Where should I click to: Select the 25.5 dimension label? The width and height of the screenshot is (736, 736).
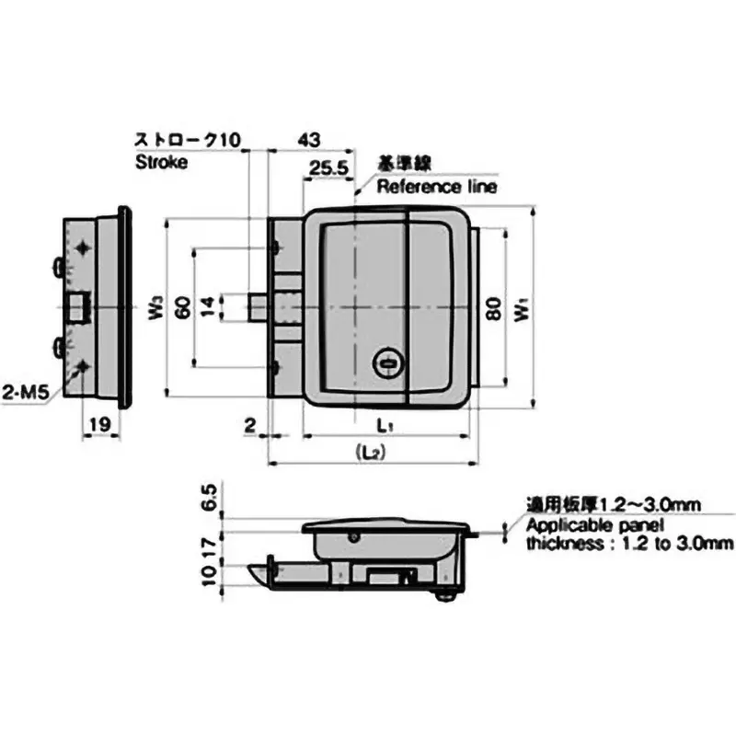coord(328,168)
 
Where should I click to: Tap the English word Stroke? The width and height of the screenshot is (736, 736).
coord(161,162)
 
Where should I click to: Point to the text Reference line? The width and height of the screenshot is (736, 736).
coord(437,187)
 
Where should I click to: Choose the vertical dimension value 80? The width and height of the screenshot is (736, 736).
coord(493,309)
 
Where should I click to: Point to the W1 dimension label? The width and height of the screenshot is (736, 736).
coord(523,309)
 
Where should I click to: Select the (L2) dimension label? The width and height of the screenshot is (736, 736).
coord(372,453)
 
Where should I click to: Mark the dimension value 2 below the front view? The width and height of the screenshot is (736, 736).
coord(250,424)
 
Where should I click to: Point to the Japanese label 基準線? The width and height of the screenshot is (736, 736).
coord(400,164)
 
